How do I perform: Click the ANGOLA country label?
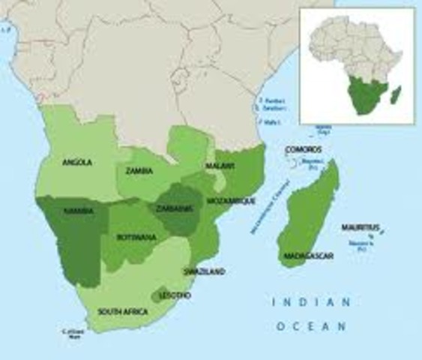(x=77, y=162)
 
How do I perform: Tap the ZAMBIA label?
(x=140, y=171)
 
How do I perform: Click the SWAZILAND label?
(x=205, y=271)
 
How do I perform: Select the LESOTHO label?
(x=175, y=295)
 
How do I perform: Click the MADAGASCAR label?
(x=308, y=256)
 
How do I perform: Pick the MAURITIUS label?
(x=361, y=227)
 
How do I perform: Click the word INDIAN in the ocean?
(x=310, y=302)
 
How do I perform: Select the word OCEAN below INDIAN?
(x=311, y=326)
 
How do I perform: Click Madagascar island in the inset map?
(x=396, y=95)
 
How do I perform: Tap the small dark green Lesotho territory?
(x=160, y=294)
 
